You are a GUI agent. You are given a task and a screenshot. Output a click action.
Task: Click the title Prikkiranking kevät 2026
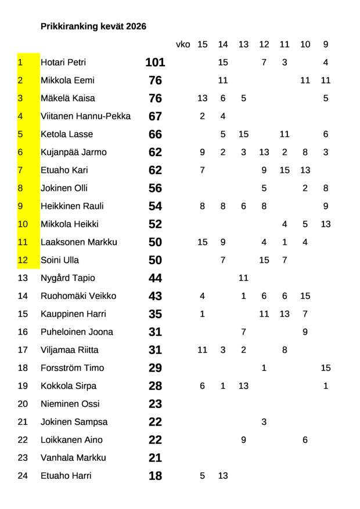tap(93, 26)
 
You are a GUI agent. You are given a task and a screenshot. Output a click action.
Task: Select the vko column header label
tap(182, 44)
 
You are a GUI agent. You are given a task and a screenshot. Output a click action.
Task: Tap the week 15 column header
tap(202, 44)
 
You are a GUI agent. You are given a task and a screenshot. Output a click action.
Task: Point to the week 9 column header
tap(326, 44)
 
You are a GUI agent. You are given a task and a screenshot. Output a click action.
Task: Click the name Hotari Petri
tap(63, 62)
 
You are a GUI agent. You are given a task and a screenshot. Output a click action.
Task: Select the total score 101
tap(155, 62)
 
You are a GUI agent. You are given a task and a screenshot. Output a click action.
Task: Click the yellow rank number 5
tap(20, 134)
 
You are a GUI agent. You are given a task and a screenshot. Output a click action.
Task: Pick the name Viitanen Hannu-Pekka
tap(85, 116)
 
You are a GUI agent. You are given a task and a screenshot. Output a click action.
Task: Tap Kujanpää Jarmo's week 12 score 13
tap(264, 152)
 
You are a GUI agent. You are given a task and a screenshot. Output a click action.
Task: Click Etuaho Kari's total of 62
tap(155, 171)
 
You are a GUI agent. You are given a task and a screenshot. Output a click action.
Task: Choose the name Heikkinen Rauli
tap(72, 206)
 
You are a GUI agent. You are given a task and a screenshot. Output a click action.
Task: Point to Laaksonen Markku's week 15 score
tap(202, 242)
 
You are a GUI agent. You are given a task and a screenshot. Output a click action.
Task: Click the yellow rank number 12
tap(23, 260)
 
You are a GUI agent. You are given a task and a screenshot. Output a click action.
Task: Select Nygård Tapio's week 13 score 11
tap(243, 278)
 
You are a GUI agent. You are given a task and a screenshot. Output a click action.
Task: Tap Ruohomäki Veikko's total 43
tap(155, 296)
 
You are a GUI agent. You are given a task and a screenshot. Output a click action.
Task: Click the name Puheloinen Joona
tap(77, 332)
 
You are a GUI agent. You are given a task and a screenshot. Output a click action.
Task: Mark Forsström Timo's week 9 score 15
tap(326, 368)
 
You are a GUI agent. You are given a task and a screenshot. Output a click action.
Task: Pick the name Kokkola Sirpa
tap(69, 386)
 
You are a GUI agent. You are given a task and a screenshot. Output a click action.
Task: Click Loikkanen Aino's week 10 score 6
tap(305, 440)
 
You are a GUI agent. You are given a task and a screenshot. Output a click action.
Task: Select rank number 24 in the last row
tap(23, 476)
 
